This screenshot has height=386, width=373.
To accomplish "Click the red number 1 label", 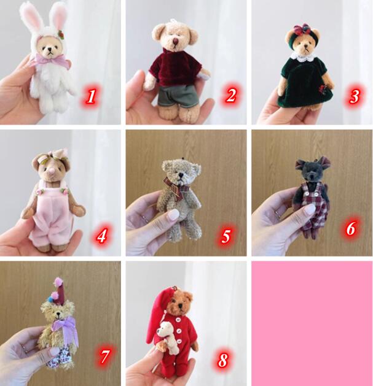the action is click(91, 96).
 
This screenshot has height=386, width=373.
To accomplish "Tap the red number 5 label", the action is click(226, 236).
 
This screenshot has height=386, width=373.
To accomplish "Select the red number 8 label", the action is click(223, 360).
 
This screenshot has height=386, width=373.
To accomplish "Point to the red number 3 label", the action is click(355, 96).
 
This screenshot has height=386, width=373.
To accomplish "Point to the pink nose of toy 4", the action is click(53, 172).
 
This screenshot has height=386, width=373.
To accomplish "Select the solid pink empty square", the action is click(312, 323).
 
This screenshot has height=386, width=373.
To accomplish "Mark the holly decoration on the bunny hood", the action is click(61, 34).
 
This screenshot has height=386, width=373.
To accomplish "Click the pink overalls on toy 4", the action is click(52, 214).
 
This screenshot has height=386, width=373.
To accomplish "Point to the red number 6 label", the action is click(351, 228).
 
